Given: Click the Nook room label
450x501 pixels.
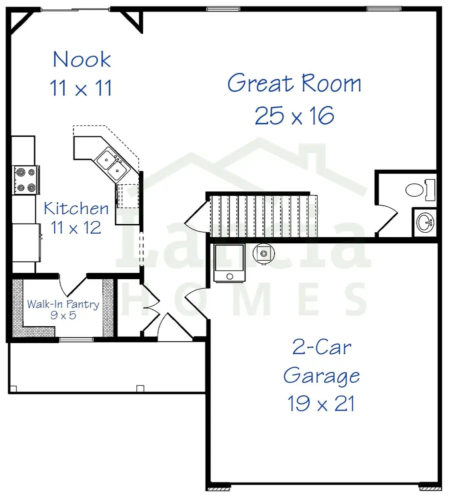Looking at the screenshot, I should tap(82, 59).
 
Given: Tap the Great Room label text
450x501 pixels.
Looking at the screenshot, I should tap(294, 83).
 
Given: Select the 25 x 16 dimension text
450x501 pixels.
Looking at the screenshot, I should tap(294, 116).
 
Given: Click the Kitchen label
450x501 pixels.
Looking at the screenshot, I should tap(76, 208).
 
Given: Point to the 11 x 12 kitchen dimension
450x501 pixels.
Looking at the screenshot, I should tap(76, 228).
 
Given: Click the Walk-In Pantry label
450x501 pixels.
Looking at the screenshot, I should tap(63, 304).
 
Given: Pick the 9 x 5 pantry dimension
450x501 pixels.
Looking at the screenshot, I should tap(63, 316).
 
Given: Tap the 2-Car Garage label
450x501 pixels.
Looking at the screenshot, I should tap(321, 360).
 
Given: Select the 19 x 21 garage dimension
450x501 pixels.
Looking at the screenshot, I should tap(321, 403).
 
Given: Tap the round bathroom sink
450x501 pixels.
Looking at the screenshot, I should tap(425, 221).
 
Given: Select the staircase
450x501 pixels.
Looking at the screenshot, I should tap(263, 216).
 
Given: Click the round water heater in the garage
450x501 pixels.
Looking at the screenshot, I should tap(262, 253).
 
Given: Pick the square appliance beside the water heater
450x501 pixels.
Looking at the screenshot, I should tap(229, 263).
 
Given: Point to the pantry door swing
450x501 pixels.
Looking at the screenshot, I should tap(74, 285).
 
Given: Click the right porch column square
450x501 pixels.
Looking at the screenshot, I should tap(140, 387).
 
